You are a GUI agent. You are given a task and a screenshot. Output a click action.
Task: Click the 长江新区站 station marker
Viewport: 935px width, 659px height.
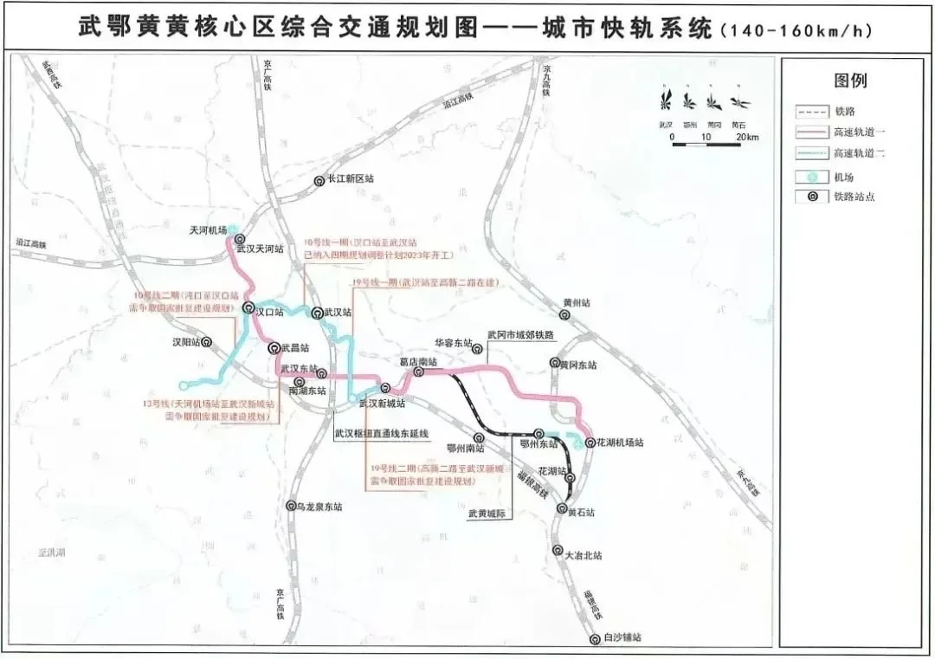[319, 179]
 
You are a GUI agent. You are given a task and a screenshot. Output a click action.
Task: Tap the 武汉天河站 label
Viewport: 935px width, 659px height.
[267, 249]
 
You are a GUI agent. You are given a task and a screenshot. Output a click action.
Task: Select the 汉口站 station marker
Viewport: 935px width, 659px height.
[248, 308]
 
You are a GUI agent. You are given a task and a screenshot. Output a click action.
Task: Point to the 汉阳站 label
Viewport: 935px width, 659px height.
[184, 342]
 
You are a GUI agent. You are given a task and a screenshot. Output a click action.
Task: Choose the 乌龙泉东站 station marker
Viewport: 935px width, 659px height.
[291, 506]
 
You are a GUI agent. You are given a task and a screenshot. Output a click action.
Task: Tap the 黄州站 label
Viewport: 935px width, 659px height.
[576, 303]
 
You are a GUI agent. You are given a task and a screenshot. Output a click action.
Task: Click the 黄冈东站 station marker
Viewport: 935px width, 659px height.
[554, 365]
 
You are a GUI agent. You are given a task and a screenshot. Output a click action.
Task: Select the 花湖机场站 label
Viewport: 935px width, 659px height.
[621, 443]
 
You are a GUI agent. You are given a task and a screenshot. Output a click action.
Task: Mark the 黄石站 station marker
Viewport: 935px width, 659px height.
[561, 509]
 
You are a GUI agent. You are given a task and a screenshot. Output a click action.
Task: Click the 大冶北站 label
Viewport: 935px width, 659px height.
[583, 555]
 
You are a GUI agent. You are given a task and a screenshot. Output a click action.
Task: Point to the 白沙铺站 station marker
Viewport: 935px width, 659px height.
[595, 639]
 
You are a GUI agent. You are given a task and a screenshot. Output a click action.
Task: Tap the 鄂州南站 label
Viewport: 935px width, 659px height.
[465, 449]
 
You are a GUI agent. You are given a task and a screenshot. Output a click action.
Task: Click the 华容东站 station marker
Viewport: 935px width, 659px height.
[477, 349]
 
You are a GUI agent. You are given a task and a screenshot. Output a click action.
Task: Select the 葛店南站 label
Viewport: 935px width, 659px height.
[418, 360]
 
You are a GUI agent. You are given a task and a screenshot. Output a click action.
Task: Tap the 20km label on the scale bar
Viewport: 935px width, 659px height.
[746, 139]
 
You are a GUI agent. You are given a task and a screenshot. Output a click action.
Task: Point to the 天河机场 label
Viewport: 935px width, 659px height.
[208, 230]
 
